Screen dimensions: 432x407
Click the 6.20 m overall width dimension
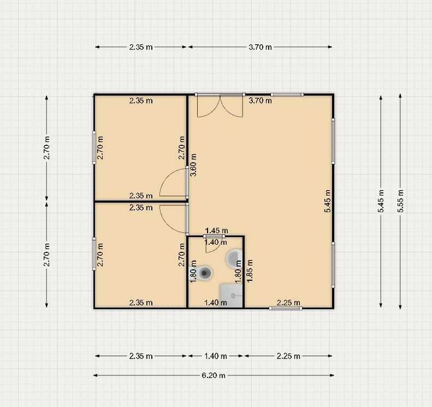click(213, 375)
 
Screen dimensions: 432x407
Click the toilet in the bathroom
click(204, 273)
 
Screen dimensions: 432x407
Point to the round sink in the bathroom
click(234, 258)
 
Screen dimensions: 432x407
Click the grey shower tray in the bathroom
click(231, 296)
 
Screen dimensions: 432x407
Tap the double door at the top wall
click(220, 106)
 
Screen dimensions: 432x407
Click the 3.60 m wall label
click(194, 165)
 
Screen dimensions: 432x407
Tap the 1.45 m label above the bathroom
click(217, 230)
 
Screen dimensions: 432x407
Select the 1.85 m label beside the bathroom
click(249, 270)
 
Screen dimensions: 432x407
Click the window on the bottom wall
click(285, 308)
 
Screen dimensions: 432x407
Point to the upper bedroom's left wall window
click(94, 148)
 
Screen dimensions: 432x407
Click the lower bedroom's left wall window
click(94, 254)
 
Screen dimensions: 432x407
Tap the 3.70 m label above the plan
click(260, 47)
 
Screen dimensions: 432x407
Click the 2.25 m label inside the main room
click(288, 302)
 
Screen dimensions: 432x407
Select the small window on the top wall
click(287, 95)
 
